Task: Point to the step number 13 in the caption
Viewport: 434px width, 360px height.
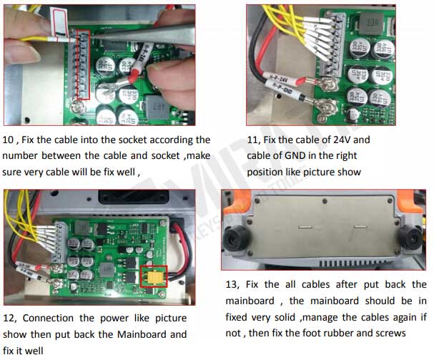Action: [x=233, y=284]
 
